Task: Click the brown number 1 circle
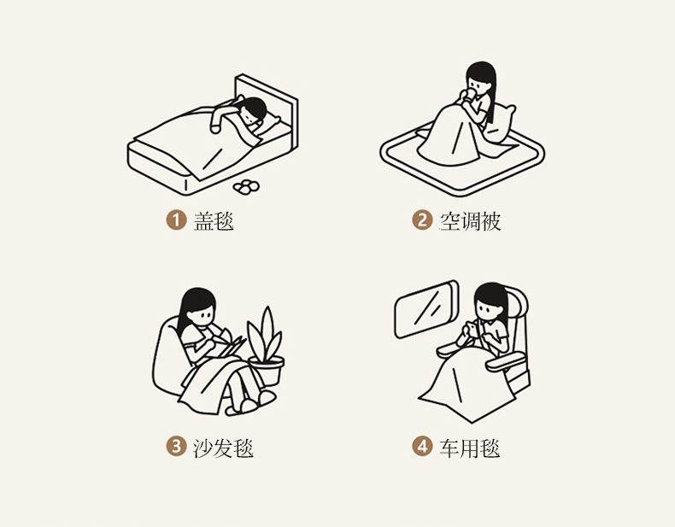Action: [176, 220]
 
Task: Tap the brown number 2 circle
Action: [422, 220]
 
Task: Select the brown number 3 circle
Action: [176, 446]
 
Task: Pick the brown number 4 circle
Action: [422, 446]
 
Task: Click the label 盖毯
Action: [214, 220]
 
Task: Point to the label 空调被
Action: [470, 220]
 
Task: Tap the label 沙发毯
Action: [223, 448]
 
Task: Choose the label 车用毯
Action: [470, 448]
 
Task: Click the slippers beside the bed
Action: [246, 187]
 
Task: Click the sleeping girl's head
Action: [252, 111]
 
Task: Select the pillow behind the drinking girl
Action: [501, 124]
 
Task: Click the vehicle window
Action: [426, 309]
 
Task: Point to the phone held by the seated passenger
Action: [472, 329]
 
